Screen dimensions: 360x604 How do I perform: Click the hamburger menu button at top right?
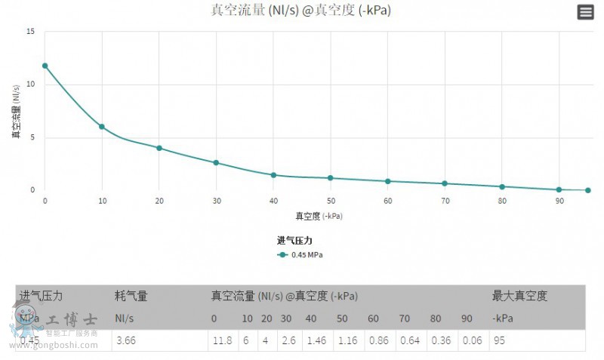click(x=585, y=11)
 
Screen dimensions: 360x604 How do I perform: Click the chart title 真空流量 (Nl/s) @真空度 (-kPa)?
click(x=300, y=11)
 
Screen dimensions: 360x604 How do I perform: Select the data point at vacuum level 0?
click(x=45, y=66)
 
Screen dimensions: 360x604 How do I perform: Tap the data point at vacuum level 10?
click(x=102, y=127)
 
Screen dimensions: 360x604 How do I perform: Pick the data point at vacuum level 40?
click(x=273, y=175)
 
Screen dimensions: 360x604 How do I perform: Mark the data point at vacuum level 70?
click(x=445, y=183)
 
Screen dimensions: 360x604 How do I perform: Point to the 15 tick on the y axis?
click(x=30, y=32)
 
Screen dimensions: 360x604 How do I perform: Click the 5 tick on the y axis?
click(x=32, y=137)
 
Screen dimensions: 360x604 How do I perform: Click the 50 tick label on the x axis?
click(x=331, y=201)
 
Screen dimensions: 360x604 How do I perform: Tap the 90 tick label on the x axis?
click(x=559, y=201)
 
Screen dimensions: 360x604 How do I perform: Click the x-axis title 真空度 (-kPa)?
click(x=318, y=216)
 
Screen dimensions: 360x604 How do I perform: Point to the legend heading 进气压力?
click(x=294, y=241)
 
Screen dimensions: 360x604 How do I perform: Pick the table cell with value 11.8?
click(x=221, y=341)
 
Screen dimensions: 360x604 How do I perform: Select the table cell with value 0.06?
click(x=473, y=341)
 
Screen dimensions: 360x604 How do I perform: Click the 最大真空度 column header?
click(x=519, y=296)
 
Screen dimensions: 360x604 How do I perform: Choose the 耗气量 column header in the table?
click(x=131, y=296)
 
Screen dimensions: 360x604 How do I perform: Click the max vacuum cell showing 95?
click(x=501, y=341)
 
